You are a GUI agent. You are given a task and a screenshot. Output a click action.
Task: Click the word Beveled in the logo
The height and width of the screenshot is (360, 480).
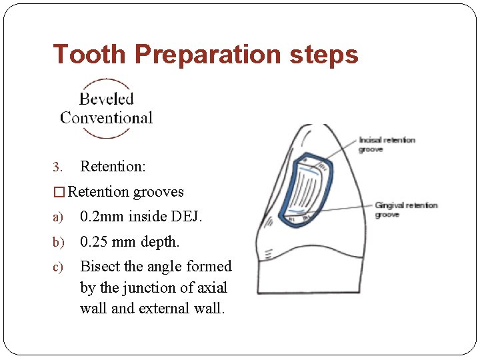coord(107,99)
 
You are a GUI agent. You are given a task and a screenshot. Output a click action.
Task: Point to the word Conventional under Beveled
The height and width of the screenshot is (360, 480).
coord(107,118)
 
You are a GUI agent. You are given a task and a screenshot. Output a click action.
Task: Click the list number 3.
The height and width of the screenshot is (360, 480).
coord(57,166)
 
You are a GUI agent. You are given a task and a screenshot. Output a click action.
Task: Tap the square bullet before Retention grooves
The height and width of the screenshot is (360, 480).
coord(59,192)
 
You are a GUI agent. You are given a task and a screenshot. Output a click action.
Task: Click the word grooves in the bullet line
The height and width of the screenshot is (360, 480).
coord(159,192)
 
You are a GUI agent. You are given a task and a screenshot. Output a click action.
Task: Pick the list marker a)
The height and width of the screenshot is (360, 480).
coord(57,217)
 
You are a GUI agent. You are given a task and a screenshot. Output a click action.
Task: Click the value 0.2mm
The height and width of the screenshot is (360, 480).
coord(103,217)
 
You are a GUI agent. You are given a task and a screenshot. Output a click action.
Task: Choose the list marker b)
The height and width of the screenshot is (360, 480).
coord(57,242)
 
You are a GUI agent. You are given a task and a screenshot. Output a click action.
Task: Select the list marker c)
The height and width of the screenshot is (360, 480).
coord(57,267)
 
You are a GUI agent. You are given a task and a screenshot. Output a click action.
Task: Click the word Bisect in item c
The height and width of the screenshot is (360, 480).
coord(100,266)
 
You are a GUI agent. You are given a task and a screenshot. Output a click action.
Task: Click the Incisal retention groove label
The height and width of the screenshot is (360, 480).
coord(387,145)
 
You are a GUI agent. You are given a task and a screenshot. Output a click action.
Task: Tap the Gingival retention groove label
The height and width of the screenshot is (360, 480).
coord(406,209)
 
